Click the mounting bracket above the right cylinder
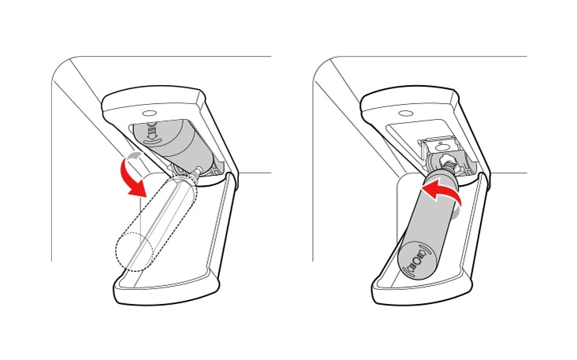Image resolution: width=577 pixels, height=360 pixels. coord(445,148)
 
